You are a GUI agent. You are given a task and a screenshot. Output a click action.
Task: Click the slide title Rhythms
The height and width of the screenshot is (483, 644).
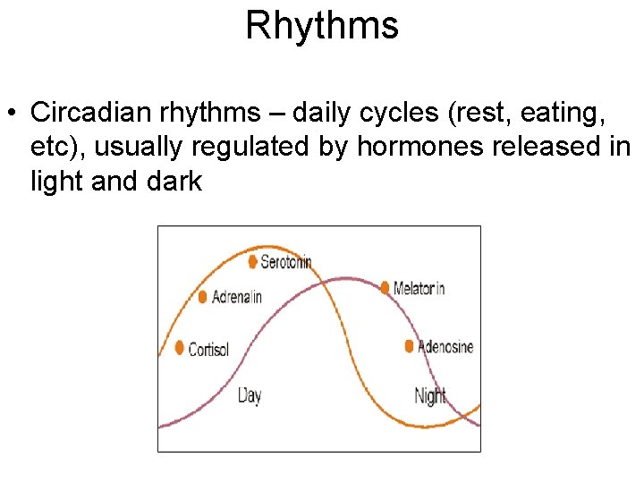[x=322, y=26]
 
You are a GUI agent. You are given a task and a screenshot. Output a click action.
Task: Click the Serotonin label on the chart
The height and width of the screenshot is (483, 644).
[x=286, y=262]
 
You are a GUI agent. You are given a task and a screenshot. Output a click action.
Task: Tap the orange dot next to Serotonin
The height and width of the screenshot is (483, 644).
[x=253, y=261]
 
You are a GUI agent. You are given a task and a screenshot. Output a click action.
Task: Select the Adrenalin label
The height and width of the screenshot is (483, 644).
[x=237, y=297]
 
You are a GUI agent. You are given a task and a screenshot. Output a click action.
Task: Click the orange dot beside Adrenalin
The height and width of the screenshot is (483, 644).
[x=203, y=296]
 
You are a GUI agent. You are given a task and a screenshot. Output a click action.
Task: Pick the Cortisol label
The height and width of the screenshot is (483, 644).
[x=208, y=349]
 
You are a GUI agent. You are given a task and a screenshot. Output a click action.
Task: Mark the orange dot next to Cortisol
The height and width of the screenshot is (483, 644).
[x=180, y=347]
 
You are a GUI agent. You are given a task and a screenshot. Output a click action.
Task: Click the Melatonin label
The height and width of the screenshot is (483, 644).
[x=419, y=288]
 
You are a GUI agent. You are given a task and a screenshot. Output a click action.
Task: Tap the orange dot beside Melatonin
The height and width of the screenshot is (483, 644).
[x=386, y=287]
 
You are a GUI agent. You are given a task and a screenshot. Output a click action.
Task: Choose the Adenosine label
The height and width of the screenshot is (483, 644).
[x=445, y=347]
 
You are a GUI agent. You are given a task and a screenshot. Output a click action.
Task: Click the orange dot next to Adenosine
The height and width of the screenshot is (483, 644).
[x=410, y=346]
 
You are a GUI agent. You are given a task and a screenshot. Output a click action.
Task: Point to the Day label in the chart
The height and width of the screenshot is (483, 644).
[x=250, y=394]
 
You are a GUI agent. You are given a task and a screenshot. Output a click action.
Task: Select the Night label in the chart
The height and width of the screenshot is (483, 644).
[x=431, y=394]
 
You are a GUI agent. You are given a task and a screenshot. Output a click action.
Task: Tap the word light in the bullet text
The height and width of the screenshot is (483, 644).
[x=59, y=182]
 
